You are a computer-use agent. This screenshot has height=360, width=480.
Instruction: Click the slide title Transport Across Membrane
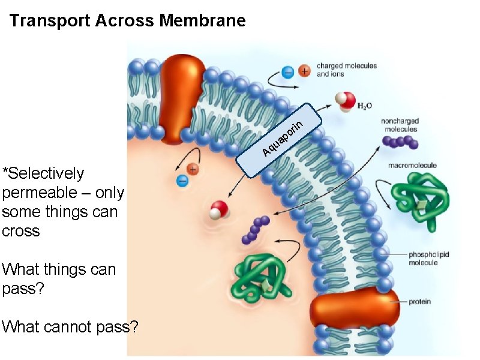point(128,21)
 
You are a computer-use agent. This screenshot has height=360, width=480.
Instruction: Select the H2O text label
point(364,106)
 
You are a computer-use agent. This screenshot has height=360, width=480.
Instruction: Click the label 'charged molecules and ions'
point(346,70)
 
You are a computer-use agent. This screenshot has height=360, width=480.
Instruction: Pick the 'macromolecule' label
point(412,165)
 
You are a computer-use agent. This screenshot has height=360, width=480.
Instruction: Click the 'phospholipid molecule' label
point(429,258)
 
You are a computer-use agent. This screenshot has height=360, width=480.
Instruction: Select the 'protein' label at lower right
point(420,301)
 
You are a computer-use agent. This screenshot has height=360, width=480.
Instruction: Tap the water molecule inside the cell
point(219,211)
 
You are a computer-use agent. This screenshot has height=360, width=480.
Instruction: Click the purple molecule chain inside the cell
point(256,230)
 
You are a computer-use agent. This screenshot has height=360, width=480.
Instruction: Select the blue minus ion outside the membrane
point(289,72)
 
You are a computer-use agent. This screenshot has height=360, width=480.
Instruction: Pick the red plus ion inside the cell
point(193,169)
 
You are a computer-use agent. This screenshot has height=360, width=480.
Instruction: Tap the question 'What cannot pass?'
point(70,327)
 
